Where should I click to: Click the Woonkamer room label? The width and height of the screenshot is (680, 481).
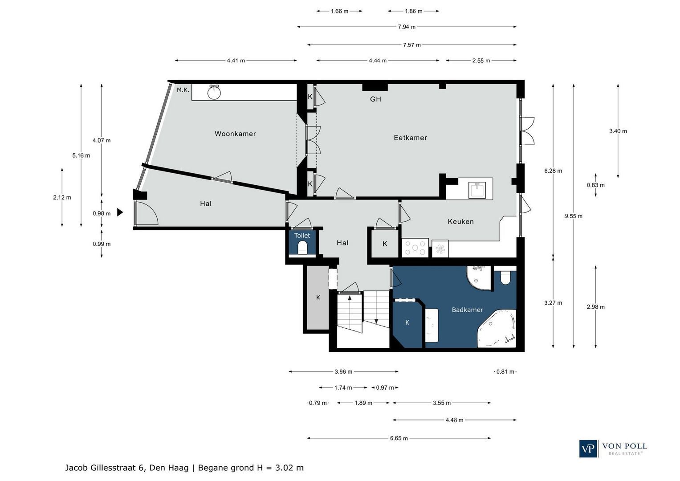[x=235, y=134]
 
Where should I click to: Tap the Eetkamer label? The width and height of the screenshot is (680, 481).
[x=411, y=138]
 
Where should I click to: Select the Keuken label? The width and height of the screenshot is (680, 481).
[x=460, y=221]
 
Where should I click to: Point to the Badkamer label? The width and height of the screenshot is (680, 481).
[x=467, y=310]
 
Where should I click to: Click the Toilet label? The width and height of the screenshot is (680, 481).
[x=302, y=235]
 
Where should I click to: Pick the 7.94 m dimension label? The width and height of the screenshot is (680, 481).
[x=407, y=27]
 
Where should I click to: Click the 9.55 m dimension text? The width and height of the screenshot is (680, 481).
[x=574, y=216]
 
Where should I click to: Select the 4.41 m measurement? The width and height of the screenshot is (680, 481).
[x=236, y=61]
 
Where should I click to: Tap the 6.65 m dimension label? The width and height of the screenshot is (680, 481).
[x=399, y=438]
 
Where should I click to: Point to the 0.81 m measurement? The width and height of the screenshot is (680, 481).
[x=505, y=371]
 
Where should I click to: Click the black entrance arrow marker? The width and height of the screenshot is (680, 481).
[x=120, y=212]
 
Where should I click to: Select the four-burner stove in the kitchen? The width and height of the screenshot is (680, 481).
[x=415, y=248]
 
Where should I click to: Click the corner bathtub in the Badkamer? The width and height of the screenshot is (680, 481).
[x=497, y=329]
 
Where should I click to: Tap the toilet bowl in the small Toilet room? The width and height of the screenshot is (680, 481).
[x=302, y=247]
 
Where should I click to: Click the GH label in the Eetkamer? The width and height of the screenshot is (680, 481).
[x=375, y=99]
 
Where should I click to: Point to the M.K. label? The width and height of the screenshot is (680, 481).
[x=183, y=90]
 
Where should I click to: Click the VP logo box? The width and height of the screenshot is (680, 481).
[x=588, y=448]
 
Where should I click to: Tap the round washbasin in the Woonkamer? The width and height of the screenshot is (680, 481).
[x=214, y=92]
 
